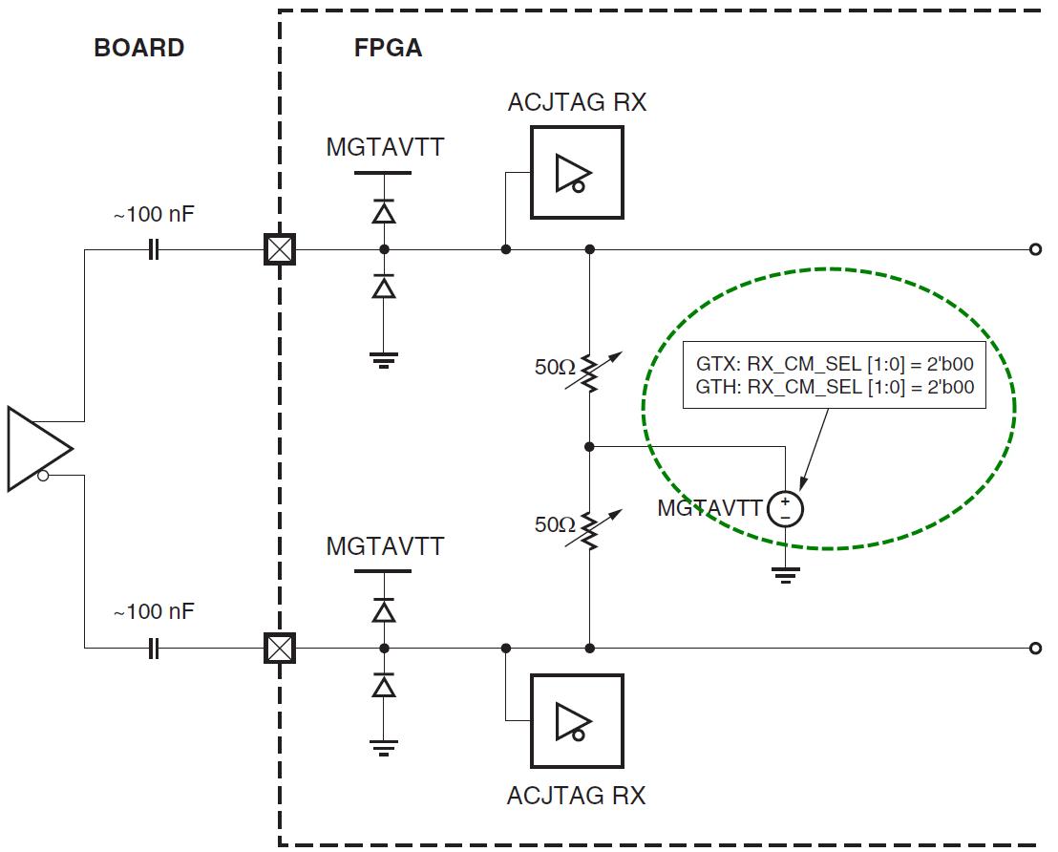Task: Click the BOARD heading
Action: tap(138, 48)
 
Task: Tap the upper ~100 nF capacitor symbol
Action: tap(154, 250)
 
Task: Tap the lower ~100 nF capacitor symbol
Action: tap(154, 650)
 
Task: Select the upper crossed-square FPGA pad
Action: tap(280, 250)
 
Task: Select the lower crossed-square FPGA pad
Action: tap(280, 650)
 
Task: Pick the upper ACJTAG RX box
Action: tap(577, 173)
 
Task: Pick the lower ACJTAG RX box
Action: tap(577, 721)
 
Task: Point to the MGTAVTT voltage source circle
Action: tap(785, 509)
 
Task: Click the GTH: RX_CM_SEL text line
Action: tap(835, 387)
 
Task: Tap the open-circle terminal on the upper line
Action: tap(1035, 250)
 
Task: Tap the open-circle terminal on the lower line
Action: tap(1035, 650)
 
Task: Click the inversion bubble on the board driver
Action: tap(43, 475)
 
